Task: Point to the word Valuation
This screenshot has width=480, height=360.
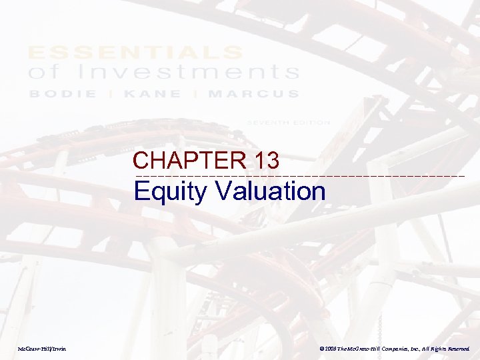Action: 271,191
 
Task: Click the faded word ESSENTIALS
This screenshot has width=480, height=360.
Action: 135,52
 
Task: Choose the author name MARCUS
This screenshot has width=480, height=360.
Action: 254,94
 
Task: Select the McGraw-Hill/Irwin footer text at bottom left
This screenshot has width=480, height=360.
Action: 42,349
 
